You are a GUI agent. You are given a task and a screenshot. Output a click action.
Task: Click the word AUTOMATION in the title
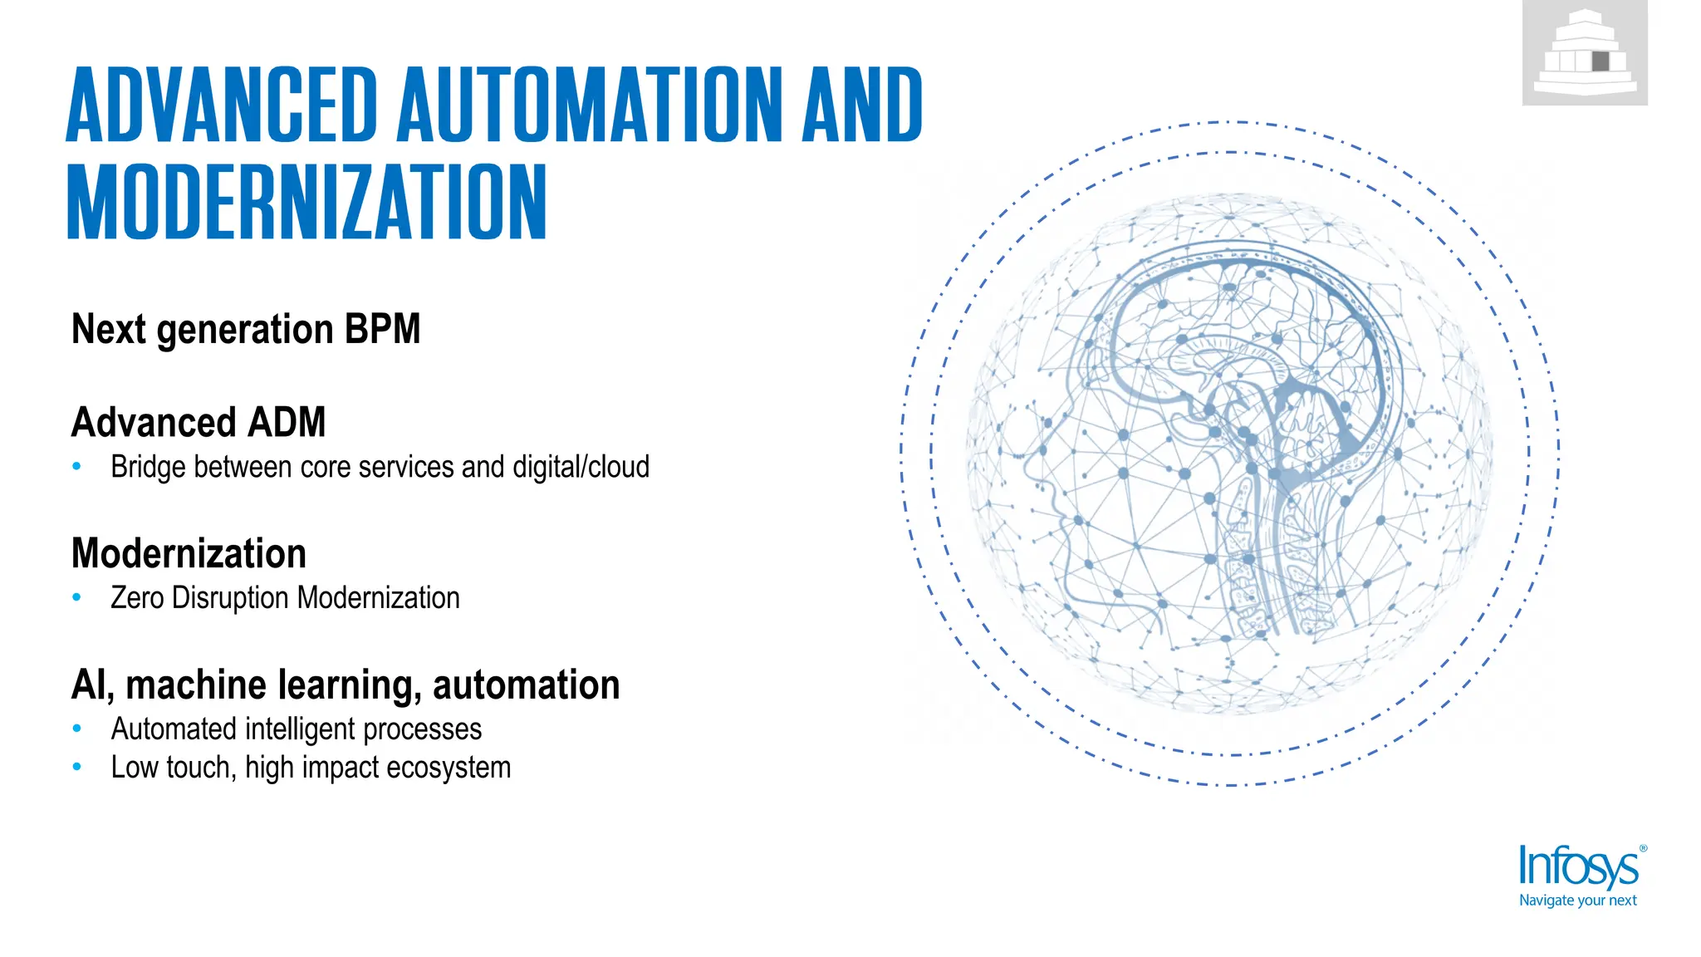tap(590, 106)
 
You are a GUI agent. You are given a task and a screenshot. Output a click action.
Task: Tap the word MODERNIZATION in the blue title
tap(306, 202)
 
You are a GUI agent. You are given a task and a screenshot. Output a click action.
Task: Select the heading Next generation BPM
tap(246, 329)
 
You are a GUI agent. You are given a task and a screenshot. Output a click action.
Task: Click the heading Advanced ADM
tap(199, 422)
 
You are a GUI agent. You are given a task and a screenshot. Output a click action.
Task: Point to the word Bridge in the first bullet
tap(148, 467)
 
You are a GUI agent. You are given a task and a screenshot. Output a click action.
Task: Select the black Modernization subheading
tap(189, 553)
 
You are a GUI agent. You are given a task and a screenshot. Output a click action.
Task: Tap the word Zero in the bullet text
tap(137, 598)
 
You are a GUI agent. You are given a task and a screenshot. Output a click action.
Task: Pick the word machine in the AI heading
tap(195, 685)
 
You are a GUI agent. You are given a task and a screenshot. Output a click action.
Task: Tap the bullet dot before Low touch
tap(77, 768)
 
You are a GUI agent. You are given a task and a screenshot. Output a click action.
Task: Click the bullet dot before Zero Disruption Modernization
tap(77, 597)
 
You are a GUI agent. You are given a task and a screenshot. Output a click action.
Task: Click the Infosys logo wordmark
tap(1578, 868)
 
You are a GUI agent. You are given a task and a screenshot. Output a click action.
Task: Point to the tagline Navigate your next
tap(1577, 901)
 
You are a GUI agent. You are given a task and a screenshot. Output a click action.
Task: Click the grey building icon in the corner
tap(1585, 53)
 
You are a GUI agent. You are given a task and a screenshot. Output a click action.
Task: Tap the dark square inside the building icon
tap(1601, 61)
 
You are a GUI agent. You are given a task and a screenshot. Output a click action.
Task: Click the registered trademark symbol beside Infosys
tap(1643, 849)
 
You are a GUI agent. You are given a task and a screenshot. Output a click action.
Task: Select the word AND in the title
tap(862, 106)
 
